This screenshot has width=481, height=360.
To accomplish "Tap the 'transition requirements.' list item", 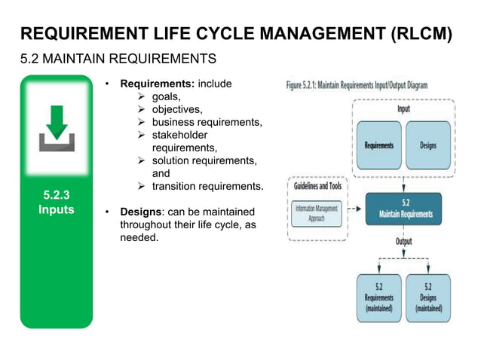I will click(207, 186).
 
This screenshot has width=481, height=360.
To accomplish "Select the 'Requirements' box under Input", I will click(378, 145).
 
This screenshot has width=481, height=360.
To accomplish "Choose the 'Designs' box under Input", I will click(428, 145).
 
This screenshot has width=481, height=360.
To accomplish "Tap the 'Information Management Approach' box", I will click(317, 211).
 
